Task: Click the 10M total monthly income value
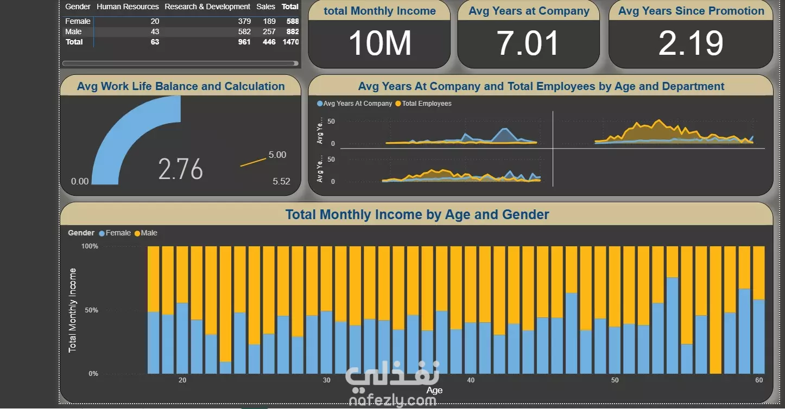379,43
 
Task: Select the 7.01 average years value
528,43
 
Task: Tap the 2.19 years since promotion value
691,43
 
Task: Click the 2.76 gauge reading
180,169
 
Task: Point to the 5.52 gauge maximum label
281,181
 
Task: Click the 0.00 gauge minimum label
80,181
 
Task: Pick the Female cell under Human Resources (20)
155,21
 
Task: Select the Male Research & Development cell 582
244,31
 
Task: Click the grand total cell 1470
290,42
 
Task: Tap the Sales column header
266,7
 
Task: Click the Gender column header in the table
78,7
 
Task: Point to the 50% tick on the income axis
90,310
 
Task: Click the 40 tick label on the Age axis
471,380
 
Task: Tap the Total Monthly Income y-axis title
73,310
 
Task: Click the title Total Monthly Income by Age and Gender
417,215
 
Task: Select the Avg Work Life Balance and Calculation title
181,86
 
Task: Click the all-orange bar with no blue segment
716,310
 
